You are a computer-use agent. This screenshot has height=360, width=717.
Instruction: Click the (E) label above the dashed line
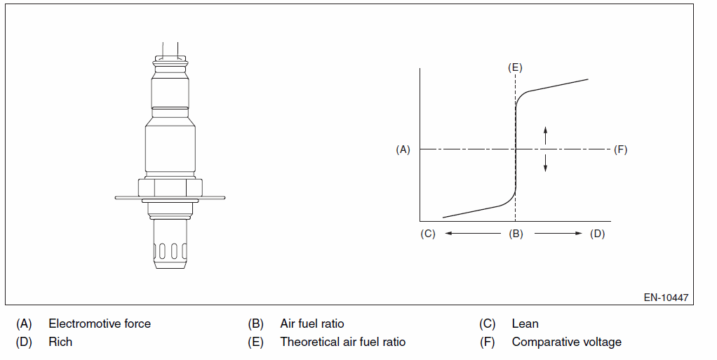pos(515,67)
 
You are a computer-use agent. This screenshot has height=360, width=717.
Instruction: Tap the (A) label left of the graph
pos(403,149)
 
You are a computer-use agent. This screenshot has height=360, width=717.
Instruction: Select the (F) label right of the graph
pos(620,149)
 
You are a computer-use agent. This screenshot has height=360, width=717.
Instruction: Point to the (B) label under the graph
pos(516,234)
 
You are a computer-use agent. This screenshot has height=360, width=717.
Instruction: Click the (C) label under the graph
pos(428,234)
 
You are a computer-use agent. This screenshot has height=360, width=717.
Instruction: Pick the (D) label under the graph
pos(597,234)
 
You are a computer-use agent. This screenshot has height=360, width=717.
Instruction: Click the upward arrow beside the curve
pos(545,135)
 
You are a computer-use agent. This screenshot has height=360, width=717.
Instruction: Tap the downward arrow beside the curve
pos(545,163)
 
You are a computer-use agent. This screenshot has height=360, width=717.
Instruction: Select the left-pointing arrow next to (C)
pos(473,233)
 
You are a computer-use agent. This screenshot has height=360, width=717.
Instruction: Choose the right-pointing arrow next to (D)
pos(558,233)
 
